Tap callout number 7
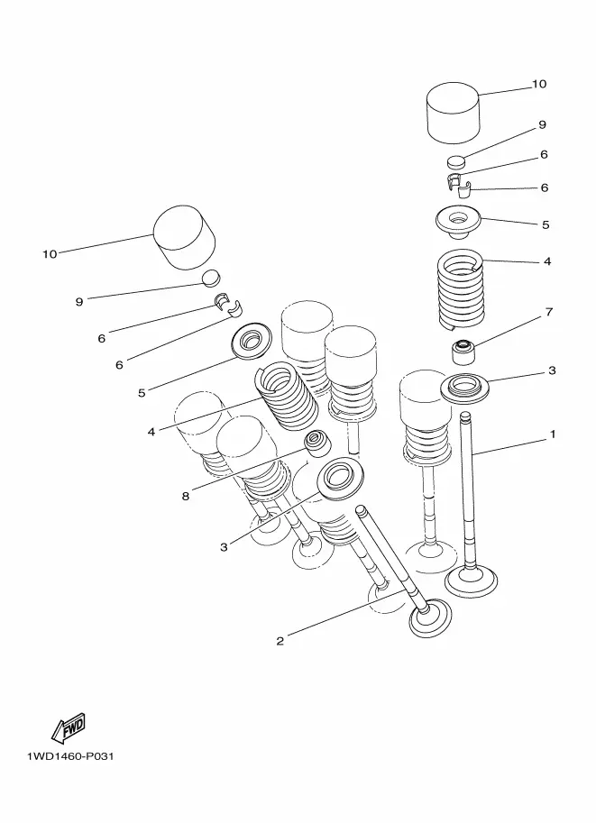[549, 312]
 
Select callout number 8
[186, 496]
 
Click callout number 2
[280, 641]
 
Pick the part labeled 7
[463, 352]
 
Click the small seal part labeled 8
[319, 444]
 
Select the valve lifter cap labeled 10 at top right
[454, 112]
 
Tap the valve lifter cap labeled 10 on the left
[185, 237]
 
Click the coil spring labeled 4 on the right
[461, 290]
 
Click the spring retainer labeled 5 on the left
[251, 342]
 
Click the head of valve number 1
[471, 581]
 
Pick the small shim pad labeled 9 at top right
[457, 160]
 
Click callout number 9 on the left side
[79, 302]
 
